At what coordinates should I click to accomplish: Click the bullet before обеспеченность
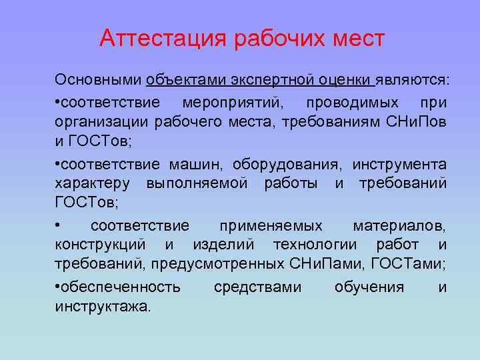58,287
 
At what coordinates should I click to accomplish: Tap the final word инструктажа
103,306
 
